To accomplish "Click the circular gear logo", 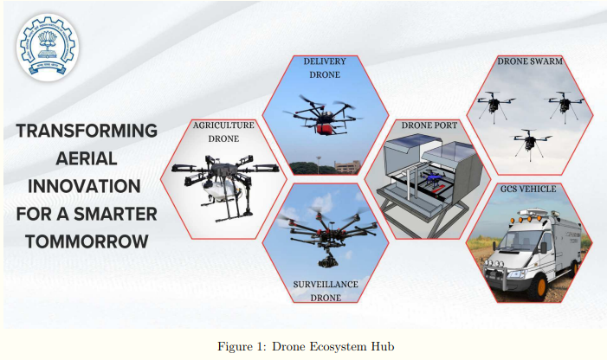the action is click(48, 48).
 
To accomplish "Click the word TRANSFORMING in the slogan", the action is click(87, 131).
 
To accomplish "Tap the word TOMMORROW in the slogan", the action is click(87, 241).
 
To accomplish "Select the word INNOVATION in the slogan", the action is click(84, 186).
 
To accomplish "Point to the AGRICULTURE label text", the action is click(223, 125).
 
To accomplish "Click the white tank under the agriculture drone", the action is click(218, 191).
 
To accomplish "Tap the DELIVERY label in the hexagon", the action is click(325, 61).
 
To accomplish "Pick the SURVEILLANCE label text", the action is click(326, 284).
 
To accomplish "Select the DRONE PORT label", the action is click(429, 125).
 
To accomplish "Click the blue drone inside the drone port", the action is click(433, 178).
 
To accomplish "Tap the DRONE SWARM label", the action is click(530, 61).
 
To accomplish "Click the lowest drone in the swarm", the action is click(529, 144).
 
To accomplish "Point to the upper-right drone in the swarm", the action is click(565, 105).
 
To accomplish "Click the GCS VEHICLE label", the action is click(528, 189).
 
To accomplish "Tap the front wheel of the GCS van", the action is click(537, 287).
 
